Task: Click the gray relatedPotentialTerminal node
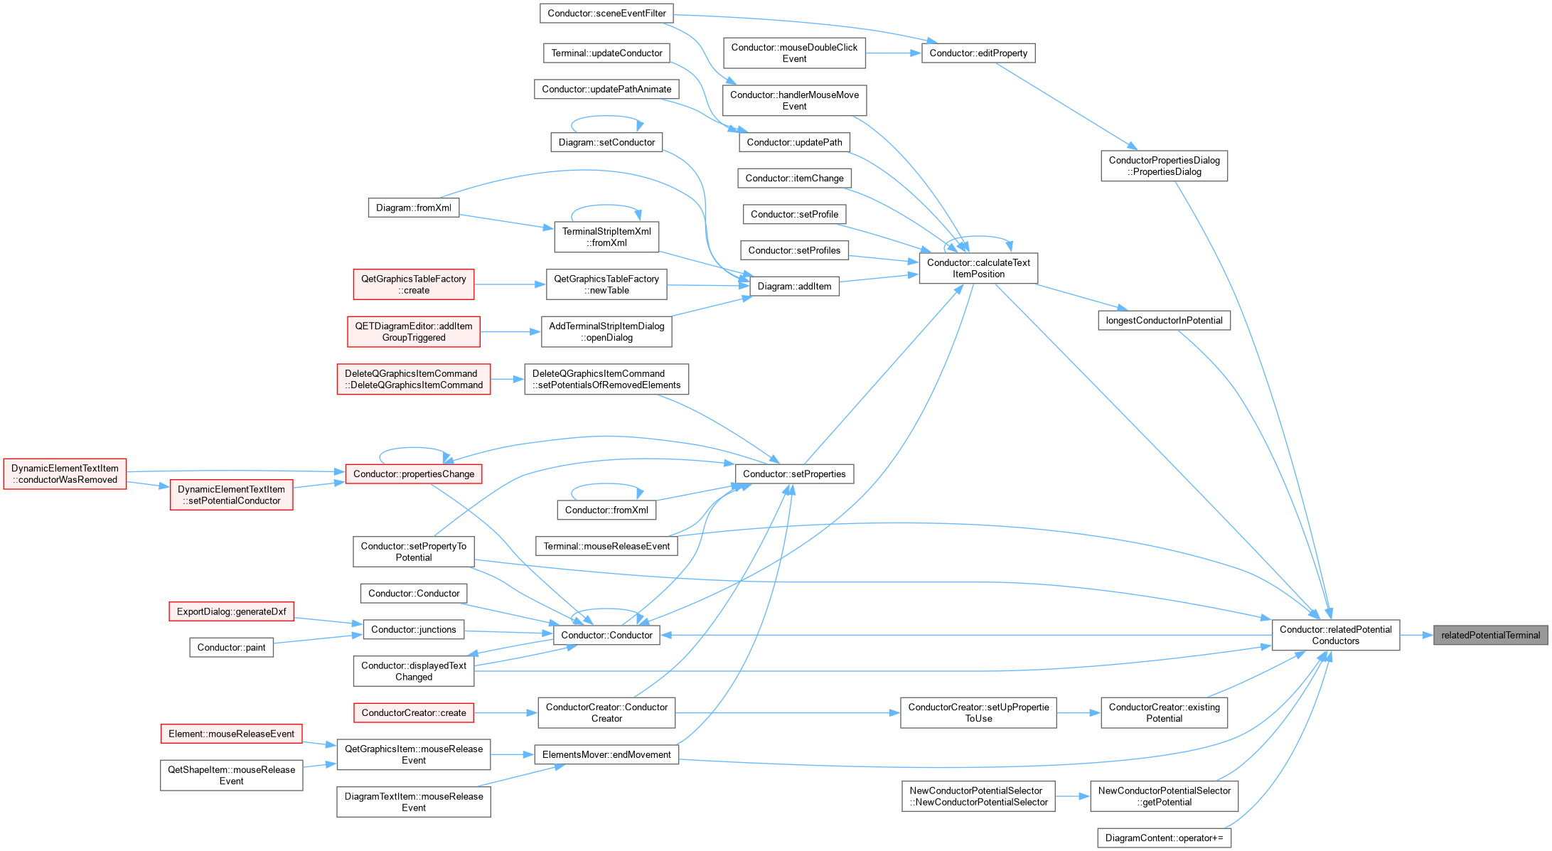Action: (1490, 635)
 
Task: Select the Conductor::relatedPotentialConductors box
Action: (1335, 635)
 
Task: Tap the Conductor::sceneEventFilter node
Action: (606, 13)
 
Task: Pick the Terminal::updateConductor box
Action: (606, 53)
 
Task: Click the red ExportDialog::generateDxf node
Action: (231, 611)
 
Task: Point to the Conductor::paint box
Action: (231, 648)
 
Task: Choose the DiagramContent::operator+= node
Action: (1164, 838)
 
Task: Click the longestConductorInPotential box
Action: (1164, 321)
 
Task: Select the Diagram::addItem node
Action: (794, 287)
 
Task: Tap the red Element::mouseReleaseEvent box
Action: (231, 734)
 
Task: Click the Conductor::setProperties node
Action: (794, 474)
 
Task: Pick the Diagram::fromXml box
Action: (413, 208)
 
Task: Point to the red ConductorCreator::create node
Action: (413, 713)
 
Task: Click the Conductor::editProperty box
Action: (978, 53)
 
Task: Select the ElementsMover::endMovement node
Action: (606, 754)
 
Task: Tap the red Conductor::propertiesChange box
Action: (413, 474)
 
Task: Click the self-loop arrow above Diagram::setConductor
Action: (606, 117)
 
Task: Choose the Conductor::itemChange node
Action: (794, 178)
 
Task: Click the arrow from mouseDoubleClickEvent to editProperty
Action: (894, 53)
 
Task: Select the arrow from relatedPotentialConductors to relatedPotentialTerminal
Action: (1416, 635)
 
